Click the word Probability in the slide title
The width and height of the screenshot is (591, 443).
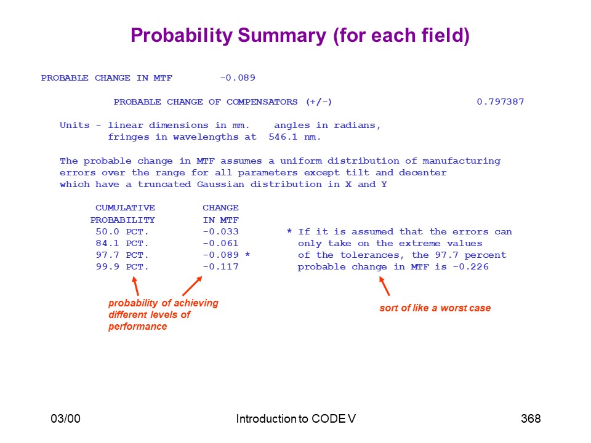(x=182, y=36)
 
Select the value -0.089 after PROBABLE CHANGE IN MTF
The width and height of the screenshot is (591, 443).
(x=238, y=78)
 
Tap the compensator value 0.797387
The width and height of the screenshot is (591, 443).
(x=500, y=102)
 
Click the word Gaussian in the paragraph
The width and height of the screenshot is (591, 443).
(x=220, y=184)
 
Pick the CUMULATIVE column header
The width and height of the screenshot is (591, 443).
(x=125, y=207)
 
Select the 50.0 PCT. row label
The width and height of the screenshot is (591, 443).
(x=122, y=231)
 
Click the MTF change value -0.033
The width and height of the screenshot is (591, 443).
(x=220, y=231)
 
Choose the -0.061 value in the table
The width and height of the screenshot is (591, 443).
(x=220, y=243)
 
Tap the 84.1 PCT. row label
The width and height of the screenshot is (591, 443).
(x=122, y=243)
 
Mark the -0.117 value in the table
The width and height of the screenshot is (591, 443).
(x=220, y=266)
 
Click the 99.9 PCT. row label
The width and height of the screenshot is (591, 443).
(x=122, y=266)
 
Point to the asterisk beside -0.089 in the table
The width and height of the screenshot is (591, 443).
(x=247, y=254)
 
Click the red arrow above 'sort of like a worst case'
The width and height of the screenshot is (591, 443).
(x=384, y=286)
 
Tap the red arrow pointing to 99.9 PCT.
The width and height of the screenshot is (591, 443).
(x=135, y=286)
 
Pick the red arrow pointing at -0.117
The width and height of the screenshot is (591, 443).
(x=192, y=286)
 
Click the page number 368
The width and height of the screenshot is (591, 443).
(x=531, y=418)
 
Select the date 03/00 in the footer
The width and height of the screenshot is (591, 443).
(x=66, y=418)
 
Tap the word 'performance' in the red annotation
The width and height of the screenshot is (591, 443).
(x=137, y=326)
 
